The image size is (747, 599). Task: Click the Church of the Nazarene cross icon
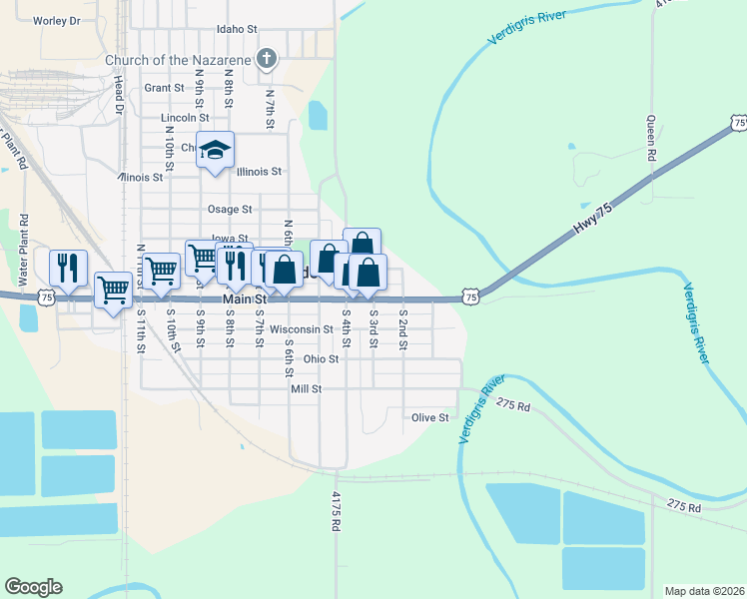pos(266,59)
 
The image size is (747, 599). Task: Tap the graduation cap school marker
pos(215,150)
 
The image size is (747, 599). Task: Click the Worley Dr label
pos(56,20)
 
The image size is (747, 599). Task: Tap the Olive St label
pos(430,417)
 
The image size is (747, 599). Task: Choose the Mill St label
pos(306,388)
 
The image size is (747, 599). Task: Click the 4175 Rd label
pos(337,516)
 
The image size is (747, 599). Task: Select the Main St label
pos(246,299)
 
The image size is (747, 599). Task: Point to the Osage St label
pos(229,210)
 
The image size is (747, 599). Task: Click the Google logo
pos(33,587)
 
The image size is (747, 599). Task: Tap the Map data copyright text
pos(704,590)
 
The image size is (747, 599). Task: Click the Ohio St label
pos(322,358)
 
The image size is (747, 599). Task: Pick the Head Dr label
pos(117,96)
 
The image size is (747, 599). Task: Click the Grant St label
pos(164,88)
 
